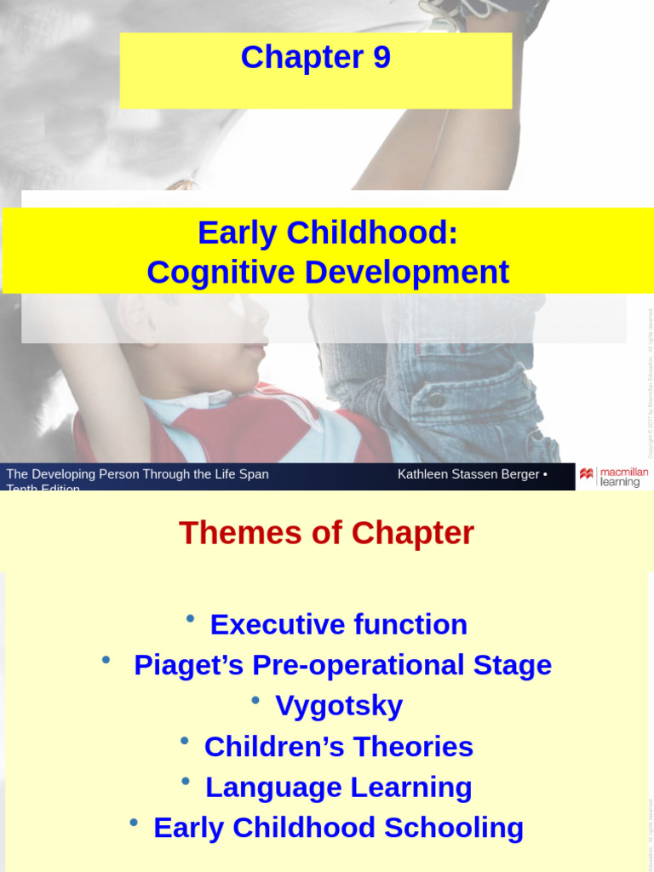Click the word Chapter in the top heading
(x=301, y=57)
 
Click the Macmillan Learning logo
(x=613, y=476)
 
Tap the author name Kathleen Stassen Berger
(x=468, y=474)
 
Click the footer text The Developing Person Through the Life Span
(x=137, y=474)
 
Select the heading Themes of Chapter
(x=326, y=533)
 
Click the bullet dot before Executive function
(x=190, y=618)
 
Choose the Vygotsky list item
(x=339, y=706)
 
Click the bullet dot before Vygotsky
(x=255, y=700)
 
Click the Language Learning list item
(x=338, y=788)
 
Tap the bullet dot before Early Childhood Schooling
(x=134, y=822)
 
